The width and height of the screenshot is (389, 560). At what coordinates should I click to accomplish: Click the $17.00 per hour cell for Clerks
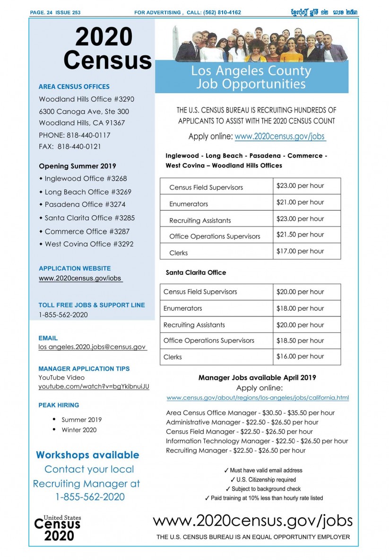306,251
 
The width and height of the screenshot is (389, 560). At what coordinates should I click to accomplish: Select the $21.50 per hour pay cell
306,235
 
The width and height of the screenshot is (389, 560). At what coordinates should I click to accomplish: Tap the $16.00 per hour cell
306,357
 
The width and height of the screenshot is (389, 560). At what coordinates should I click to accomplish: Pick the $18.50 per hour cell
306,341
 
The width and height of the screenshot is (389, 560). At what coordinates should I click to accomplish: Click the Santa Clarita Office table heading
196,272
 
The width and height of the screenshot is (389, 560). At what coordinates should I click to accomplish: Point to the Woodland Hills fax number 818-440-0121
70,147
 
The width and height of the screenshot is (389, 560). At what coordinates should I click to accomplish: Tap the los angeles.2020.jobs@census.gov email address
92,347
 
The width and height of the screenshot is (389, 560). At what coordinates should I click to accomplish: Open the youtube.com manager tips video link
94,386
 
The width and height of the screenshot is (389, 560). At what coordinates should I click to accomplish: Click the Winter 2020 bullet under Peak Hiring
79,430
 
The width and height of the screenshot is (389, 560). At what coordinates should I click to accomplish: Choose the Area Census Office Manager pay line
250,412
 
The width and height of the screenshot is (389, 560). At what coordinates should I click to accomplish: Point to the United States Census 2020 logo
57,528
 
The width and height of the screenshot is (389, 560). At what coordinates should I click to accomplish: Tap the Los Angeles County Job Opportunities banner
251,78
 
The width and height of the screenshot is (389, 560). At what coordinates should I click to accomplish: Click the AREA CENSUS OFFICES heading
74,87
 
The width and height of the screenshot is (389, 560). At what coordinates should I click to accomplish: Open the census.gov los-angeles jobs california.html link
258,398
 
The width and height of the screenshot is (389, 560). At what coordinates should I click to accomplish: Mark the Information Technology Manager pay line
257,441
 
